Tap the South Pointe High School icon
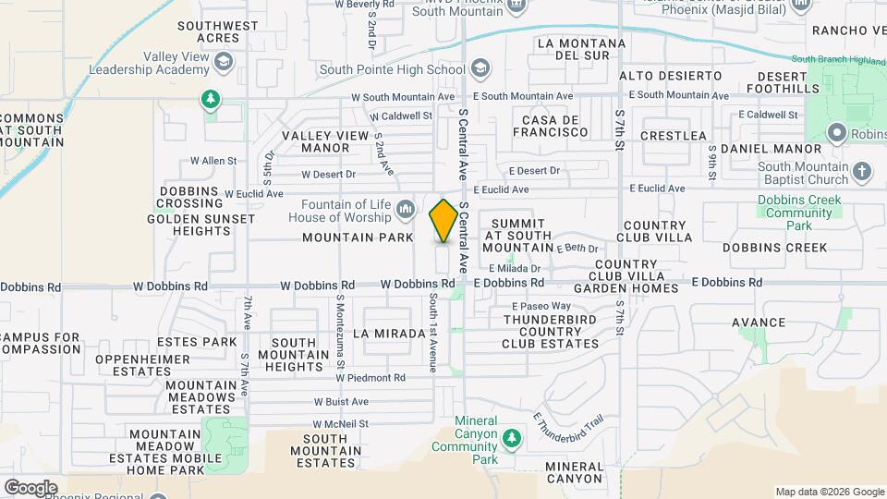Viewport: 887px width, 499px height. [480, 68]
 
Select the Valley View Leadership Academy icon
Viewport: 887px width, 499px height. [222, 62]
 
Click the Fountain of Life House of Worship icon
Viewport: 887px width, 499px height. [405, 211]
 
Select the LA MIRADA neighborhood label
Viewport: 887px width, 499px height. [385, 332]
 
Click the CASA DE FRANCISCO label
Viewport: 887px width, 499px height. [554, 127]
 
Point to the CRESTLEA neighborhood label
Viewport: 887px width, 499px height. [673, 136]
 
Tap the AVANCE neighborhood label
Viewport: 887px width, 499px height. [759, 323]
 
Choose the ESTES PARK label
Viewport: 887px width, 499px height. [196, 342]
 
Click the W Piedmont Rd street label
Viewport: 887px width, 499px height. [371, 378]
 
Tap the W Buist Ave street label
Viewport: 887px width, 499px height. [341, 402]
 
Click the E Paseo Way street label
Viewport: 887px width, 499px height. [541, 306]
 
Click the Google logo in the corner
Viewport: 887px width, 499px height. [30, 487]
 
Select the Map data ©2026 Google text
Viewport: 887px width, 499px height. [828, 492]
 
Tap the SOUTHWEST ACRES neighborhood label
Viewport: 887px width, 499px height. [218, 32]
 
